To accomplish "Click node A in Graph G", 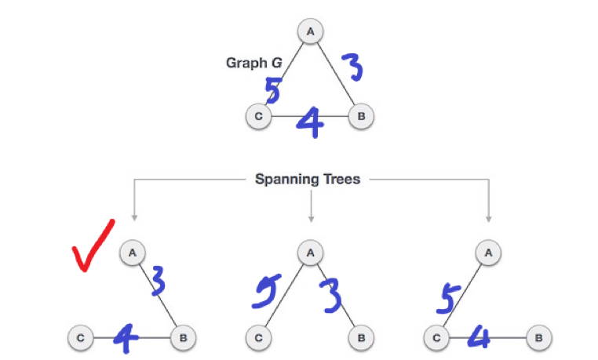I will pyautogui.click(x=311, y=32).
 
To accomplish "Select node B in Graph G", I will pyautogui.click(x=361, y=117).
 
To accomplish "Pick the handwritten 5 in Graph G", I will pyautogui.click(x=272, y=90).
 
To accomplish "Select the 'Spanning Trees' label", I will pyautogui.click(x=308, y=179).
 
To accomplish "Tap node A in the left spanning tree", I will pyautogui.click(x=133, y=253).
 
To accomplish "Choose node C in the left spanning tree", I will pyautogui.click(x=80, y=338).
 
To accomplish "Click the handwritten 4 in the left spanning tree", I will pyautogui.click(x=125, y=338).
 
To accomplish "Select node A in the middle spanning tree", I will pyautogui.click(x=311, y=253).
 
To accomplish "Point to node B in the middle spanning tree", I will pyautogui.click(x=361, y=338).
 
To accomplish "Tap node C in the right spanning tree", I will pyautogui.click(x=436, y=338).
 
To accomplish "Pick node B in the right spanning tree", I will pyautogui.click(x=540, y=338).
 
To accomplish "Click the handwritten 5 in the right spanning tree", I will pyautogui.click(x=447, y=298).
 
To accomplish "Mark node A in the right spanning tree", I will pyautogui.click(x=489, y=253).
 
